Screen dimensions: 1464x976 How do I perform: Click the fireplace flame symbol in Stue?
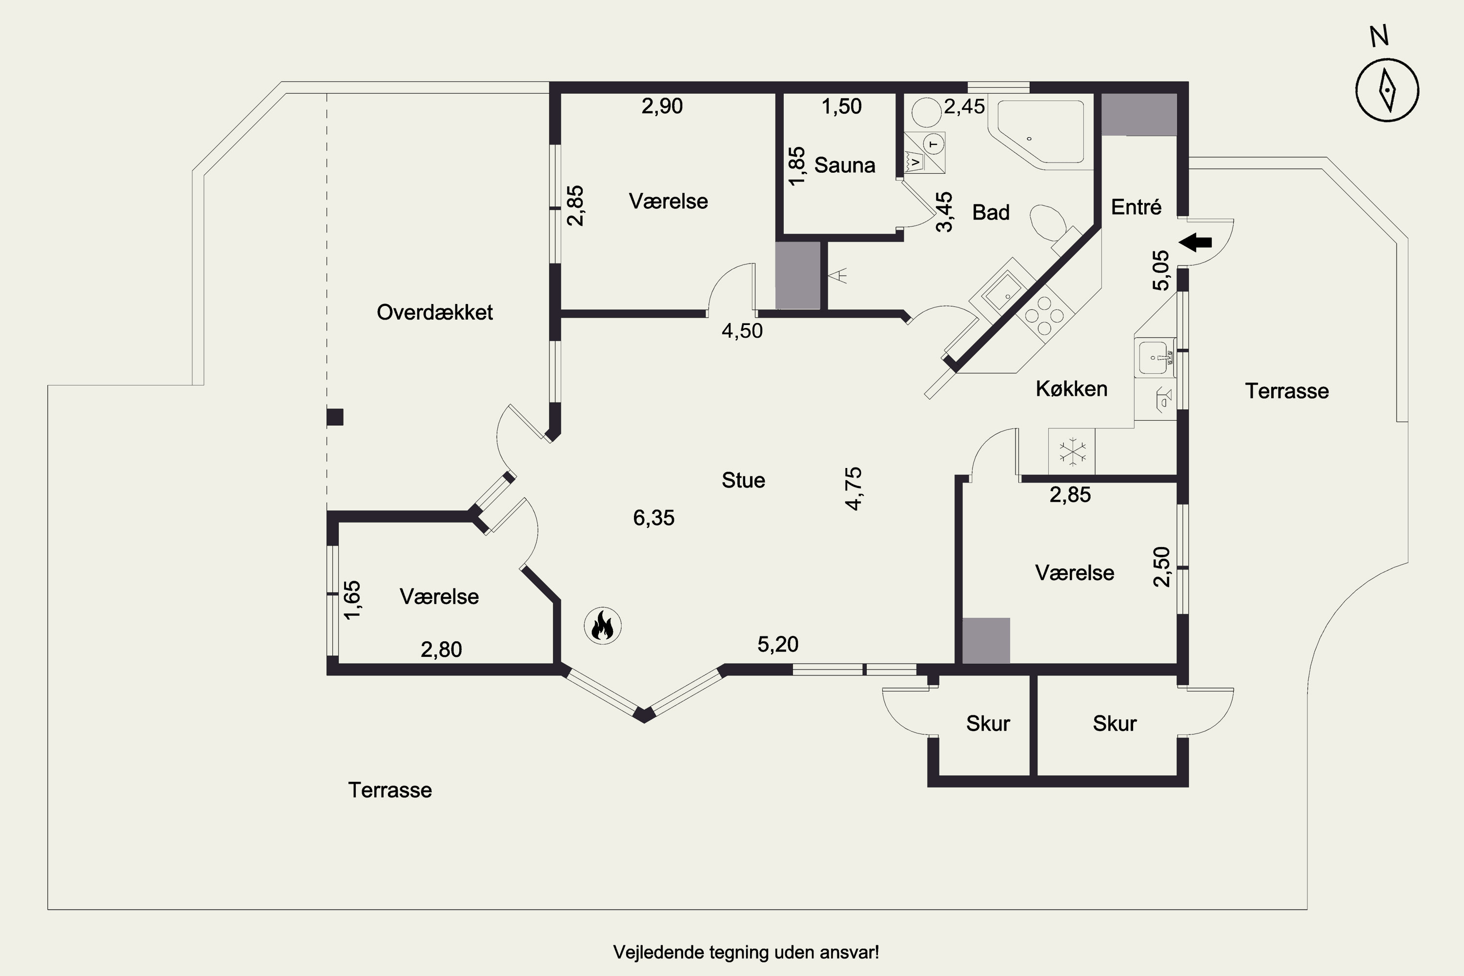coord(603,626)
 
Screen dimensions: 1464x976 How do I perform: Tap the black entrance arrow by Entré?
coord(1196,242)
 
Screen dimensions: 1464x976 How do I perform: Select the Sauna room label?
coord(845,165)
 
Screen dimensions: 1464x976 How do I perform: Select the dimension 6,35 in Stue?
coord(653,518)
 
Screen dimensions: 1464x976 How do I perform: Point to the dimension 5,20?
coord(777,644)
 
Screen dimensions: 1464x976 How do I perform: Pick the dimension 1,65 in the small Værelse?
coord(352,600)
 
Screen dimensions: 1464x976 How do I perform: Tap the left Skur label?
coord(988,723)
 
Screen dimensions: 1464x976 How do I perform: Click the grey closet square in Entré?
coord(1139,115)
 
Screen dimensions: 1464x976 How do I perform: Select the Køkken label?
coord(1071,389)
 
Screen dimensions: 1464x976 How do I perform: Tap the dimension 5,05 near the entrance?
coord(1161,270)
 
